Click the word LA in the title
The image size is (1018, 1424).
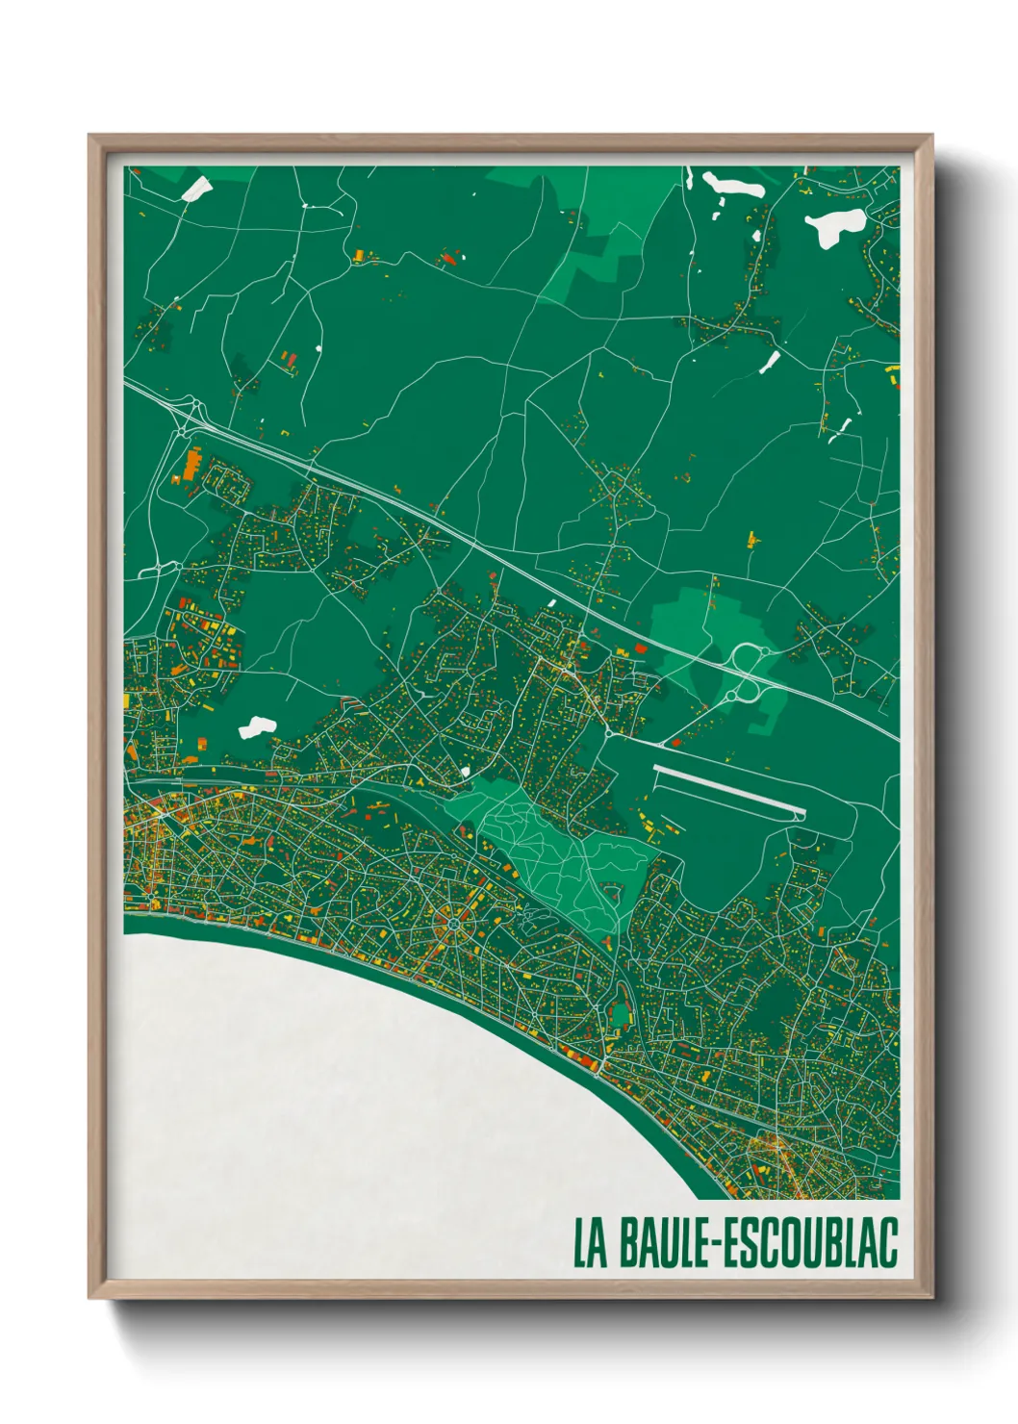[591, 1243]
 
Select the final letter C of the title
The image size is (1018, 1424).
[887, 1243]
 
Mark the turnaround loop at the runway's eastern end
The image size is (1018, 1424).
[799, 815]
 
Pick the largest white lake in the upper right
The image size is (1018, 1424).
[834, 228]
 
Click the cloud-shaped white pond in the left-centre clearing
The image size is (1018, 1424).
[257, 726]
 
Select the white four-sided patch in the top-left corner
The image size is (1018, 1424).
[196, 188]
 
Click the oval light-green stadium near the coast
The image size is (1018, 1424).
[620, 1012]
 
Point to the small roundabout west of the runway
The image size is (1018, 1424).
[610, 735]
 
